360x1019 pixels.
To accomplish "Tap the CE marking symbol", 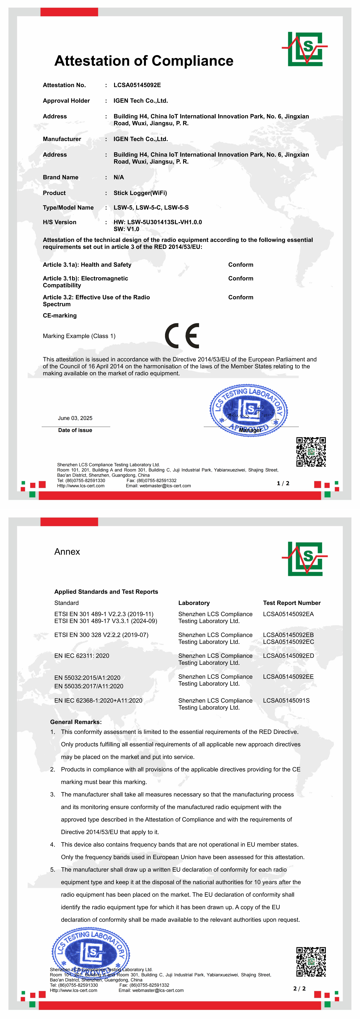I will pos(182,336).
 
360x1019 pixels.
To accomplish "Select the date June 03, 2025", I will pos(75,418).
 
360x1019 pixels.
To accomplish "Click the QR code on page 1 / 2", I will pos(311,452).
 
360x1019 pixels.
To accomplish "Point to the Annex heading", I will pos(67,552).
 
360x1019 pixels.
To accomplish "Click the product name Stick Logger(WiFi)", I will pos(140,193).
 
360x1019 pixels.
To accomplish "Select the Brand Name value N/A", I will pos(119,177).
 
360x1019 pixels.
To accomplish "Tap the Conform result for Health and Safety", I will pos(241,265).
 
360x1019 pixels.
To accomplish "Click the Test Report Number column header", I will pos(292,603).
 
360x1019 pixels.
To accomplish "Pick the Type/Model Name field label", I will pos(68,208).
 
